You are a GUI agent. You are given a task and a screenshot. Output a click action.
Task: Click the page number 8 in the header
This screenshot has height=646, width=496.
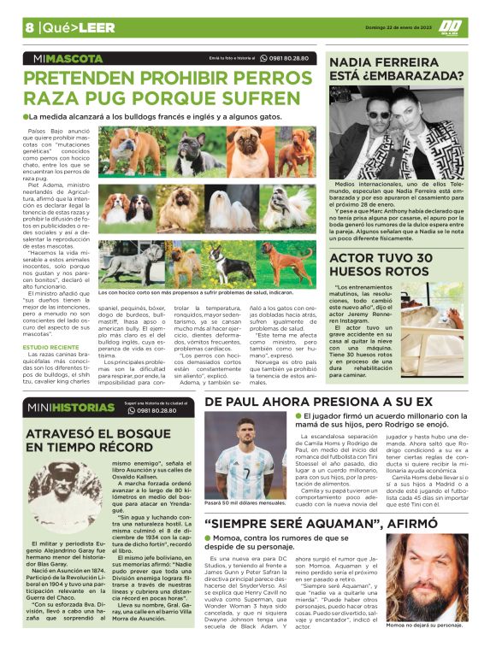pyautogui.click(x=29, y=27)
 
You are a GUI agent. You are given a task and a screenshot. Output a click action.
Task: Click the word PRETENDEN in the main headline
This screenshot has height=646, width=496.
pyautogui.click(x=93, y=78)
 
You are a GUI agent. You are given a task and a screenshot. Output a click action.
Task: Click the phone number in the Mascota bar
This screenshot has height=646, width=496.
pyautogui.click(x=289, y=58)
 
